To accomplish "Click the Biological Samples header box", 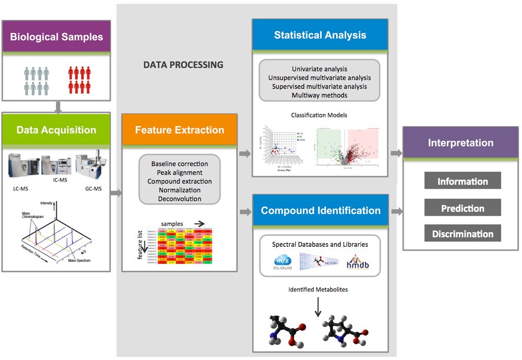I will pyautogui.click(x=56, y=37).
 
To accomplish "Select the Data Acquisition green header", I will pyautogui.click(x=56, y=130).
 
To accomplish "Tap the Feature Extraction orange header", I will pyautogui.click(x=180, y=130).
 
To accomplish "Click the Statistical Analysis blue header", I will pyautogui.click(x=320, y=35).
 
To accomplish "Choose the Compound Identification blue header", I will pyautogui.click(x=321, y=211).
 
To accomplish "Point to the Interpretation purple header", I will pyautogui.click(x=460, y=142).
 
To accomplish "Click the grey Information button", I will pyautogui.click(x=462, y=181).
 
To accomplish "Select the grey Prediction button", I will pyautogui.click(x=462, y=208).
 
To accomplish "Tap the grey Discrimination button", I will pyautogui.click(x=462, y=234).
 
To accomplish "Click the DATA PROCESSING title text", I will pyautogui.click(x=183, y=65).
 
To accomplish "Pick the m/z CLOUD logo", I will pyautogui.click(x=282, y=262).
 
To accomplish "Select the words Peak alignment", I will pyautogui.click(x=180, y=172).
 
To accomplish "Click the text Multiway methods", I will pyautogui.click(x=319, y=95).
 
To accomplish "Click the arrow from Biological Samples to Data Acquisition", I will pyautogui.click(x=57, y=106).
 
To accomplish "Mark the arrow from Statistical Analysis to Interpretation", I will pyautogui.click(x=396, y=153).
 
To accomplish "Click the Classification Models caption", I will pyautogui.click(x=319, y=115).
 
